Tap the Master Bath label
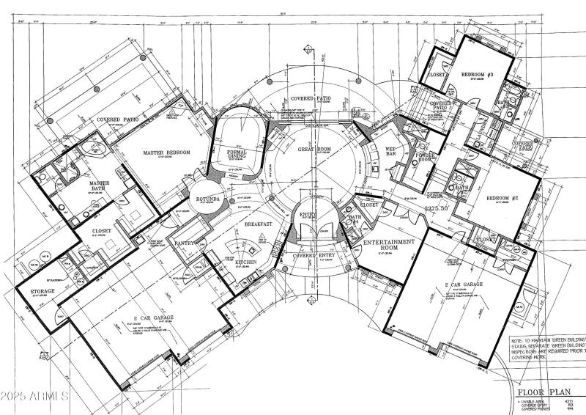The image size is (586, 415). point(94,188)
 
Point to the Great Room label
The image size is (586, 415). point(316,149)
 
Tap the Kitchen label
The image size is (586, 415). point(245,262)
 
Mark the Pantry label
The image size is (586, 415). point(183,241)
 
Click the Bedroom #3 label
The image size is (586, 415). point(478,76)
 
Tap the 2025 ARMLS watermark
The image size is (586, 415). point(34,396)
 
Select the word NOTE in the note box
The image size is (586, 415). point(522,342)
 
